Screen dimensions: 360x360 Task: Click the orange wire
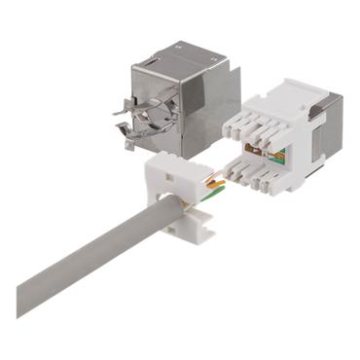coord(214,181)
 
